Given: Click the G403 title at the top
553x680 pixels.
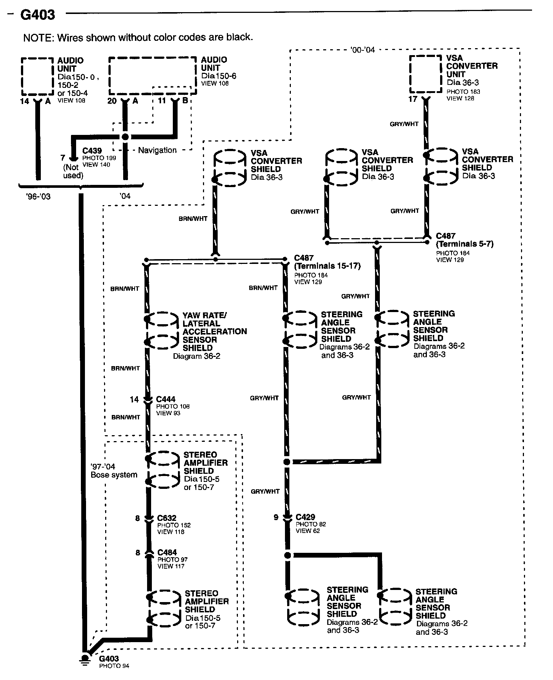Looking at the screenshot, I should (x=38, y=15).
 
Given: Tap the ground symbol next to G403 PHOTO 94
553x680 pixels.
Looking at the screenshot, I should (x=85, y=660).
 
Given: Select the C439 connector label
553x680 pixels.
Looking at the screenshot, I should (x=92, y=151).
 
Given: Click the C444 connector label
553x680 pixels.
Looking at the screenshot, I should (x=166, y=399).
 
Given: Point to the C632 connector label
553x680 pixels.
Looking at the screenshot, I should (x=167, y=518).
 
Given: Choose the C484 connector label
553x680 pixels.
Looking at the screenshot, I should (x=167, y=552).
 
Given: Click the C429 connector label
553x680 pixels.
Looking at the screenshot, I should (x=305, y=517).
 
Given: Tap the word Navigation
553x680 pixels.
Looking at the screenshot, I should (x=157, y=150).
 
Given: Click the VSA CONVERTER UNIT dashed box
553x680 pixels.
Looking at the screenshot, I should (x=425, y=74).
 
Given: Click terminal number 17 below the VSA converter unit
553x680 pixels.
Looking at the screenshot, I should (x=413, y=99).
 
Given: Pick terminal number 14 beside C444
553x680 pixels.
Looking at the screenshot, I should (x=134, y=400).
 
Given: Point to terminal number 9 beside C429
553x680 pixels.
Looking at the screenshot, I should (x=276, y=518).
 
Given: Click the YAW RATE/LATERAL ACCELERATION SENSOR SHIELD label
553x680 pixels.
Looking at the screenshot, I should (x=214, y=332).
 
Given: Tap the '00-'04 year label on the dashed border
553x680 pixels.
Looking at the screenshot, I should (x=362, y=50).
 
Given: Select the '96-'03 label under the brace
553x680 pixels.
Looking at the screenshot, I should (x=38, y=197).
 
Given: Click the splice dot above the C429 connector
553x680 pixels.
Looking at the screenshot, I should (x=287, y=462).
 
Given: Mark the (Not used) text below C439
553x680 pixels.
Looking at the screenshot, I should (x=73, y=171).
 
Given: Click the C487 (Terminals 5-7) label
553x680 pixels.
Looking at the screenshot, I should (x=464, y=240).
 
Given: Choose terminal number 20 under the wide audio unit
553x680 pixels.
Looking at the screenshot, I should (x=112, y=100).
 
